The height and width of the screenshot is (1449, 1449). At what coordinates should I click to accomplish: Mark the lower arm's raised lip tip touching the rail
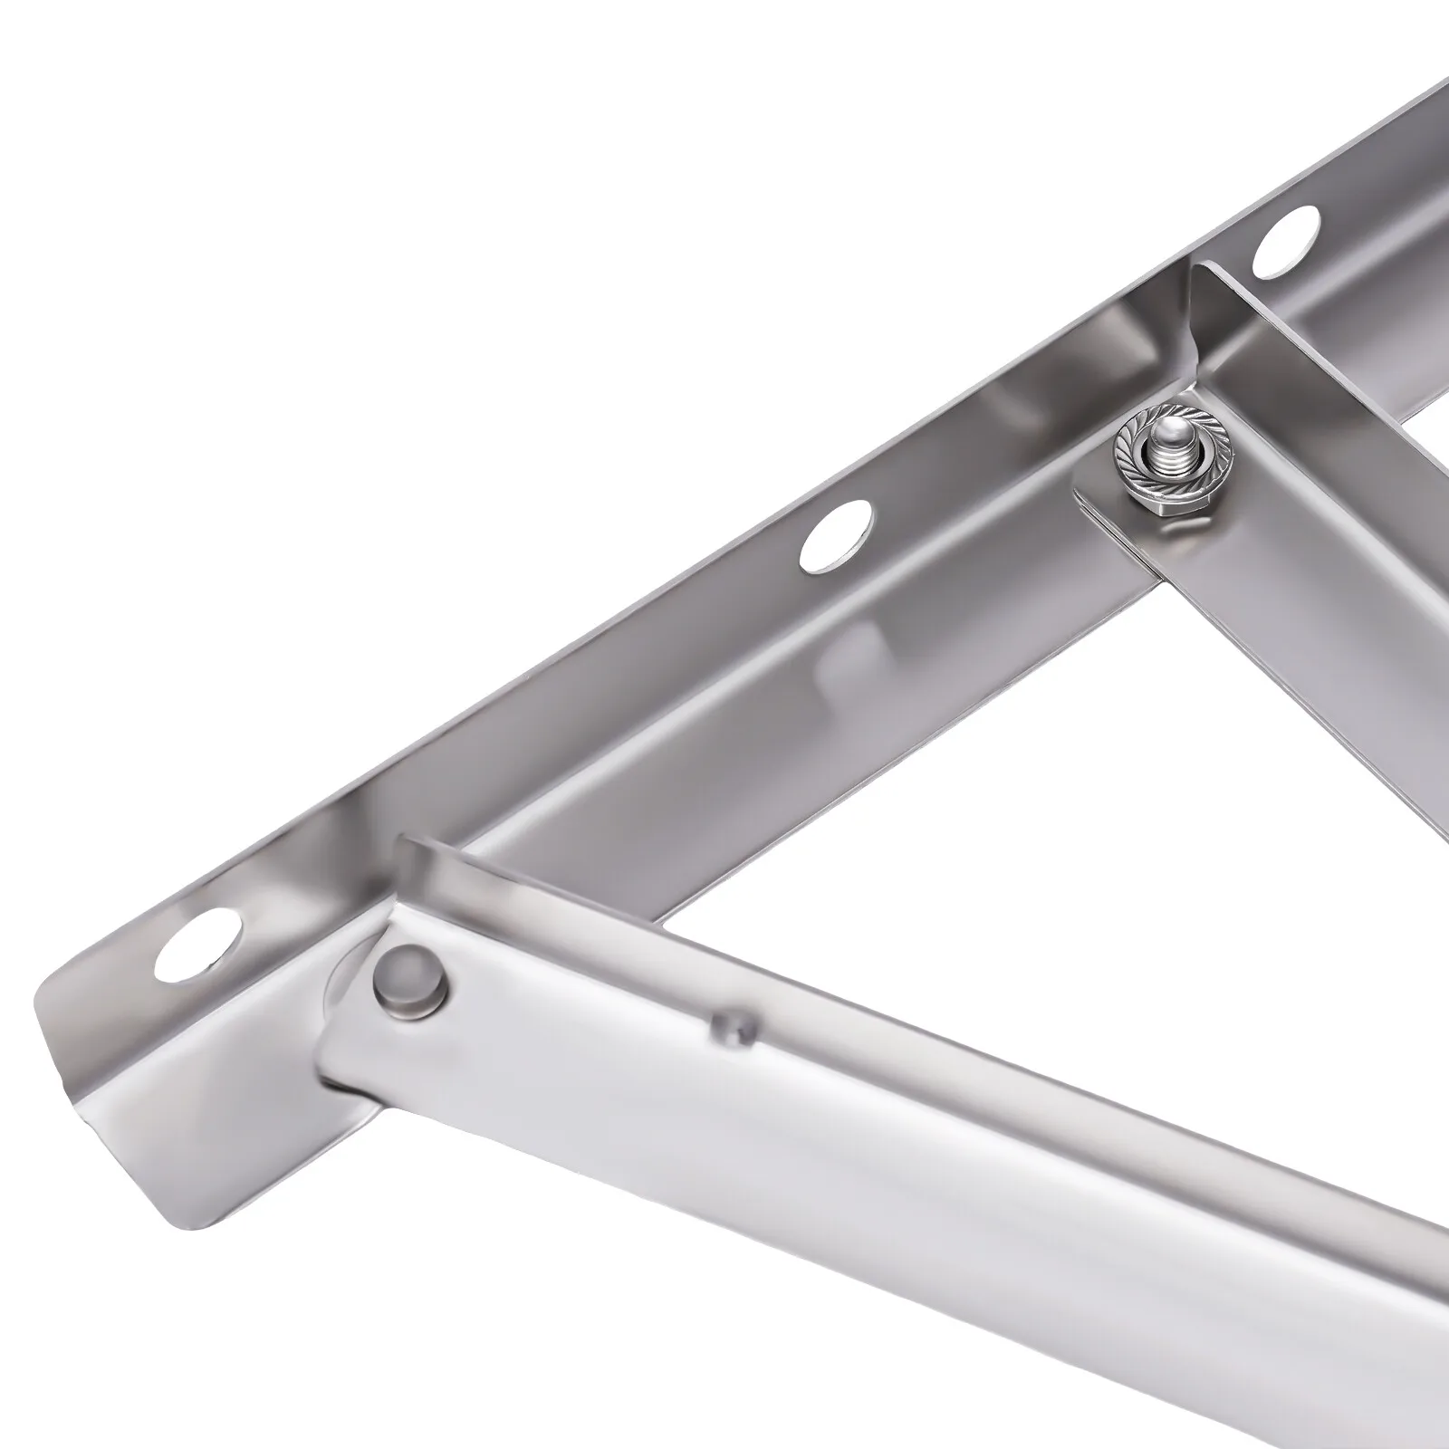click(x=403, y=847)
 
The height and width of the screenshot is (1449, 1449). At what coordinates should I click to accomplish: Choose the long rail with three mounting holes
click(x=634, y=634)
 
